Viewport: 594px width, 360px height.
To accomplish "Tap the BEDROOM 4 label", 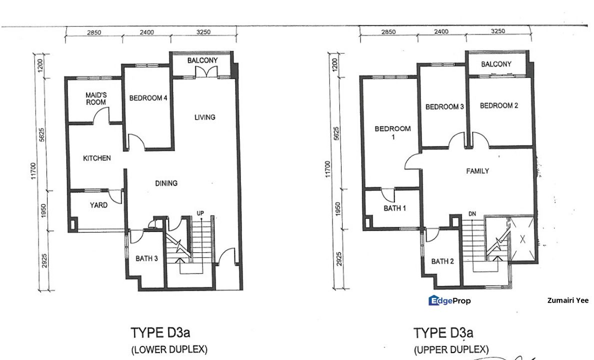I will point(148,98).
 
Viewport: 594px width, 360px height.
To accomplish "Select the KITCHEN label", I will point(96,158).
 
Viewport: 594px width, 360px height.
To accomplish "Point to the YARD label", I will point(98,205).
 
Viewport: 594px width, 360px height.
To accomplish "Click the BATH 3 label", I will point(147,258).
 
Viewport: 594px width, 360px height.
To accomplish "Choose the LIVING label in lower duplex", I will point(205,117).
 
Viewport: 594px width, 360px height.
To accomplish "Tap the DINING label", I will point(166,183).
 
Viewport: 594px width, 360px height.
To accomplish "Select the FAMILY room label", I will point(477,171).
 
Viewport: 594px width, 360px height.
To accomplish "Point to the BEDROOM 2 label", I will point(498,105).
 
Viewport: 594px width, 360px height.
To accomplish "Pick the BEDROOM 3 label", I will point(444,107).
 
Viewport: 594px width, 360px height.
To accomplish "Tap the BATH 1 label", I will point(394,208).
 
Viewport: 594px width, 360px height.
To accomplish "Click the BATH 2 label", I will point(442,261).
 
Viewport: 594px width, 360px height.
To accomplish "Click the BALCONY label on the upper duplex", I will point(496,64).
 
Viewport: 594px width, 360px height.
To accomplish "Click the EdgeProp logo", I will point(449,300).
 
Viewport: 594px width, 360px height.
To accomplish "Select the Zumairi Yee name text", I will point(568,300).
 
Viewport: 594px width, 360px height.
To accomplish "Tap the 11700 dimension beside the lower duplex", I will point(33,171).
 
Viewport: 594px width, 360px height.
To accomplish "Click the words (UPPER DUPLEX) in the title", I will point(451,349).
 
